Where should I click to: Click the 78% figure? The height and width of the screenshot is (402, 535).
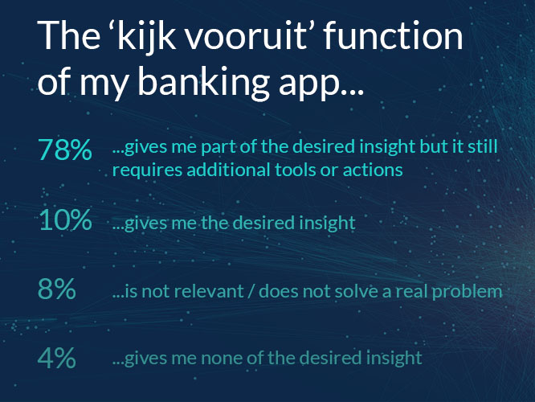(x=65, y=150)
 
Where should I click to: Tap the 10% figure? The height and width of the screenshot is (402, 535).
(x=65, y=219)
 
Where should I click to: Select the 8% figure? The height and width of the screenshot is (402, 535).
(x=57, y=289)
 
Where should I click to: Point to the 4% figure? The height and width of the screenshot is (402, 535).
(x=57, y=358)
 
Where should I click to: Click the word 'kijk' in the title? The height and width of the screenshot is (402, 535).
(x=143, y=35)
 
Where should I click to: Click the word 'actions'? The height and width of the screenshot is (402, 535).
(x=373, y=170)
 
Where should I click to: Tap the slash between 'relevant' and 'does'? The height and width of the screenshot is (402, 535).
(x=251, y=291)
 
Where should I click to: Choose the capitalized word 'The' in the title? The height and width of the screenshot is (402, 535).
(x=68, y=35)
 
